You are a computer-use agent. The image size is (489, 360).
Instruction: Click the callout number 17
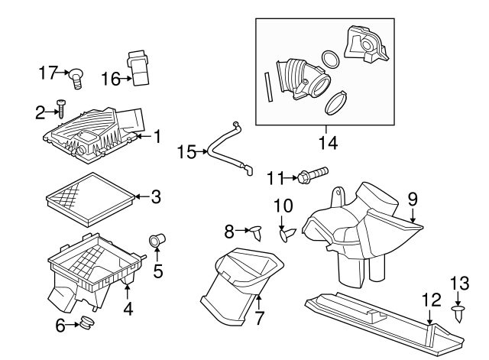point(47,73)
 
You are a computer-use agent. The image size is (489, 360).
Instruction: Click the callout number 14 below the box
point(325,142)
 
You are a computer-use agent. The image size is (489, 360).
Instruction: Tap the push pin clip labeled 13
point(458,313)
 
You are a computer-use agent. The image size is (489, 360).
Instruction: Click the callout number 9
point(413,199)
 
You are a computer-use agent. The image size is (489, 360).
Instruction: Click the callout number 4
point(128,310)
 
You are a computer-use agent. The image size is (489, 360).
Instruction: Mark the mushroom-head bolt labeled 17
point(77,76)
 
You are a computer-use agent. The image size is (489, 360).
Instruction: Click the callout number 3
point(156,197)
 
